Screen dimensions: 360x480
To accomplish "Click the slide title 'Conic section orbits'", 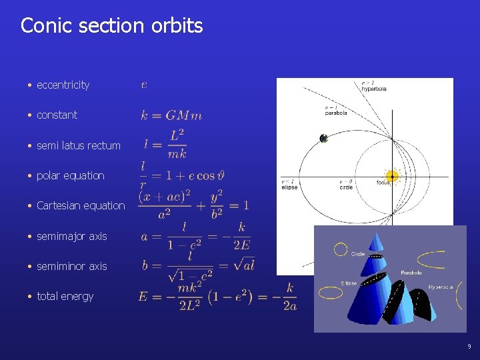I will (111, 26).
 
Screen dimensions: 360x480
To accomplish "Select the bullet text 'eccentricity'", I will (63, 85).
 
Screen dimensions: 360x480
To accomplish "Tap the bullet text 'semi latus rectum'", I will (79, 145).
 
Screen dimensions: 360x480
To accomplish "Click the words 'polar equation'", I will (71, 176).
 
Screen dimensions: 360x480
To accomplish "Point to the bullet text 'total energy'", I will (65, 297).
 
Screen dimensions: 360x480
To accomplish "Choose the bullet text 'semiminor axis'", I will (71, 267).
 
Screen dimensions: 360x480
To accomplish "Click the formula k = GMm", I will (171, 115).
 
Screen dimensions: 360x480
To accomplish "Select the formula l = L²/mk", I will (165, 144).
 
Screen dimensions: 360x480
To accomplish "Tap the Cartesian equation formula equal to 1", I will (193, 205).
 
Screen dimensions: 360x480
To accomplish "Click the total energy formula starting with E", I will (217, 295).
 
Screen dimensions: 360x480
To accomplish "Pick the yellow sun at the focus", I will (393, 177).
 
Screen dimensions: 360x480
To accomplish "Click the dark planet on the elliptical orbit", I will (323, 139).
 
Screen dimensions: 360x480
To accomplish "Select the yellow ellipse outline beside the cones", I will (330, 292).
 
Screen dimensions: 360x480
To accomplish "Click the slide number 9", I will (469, 347).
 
